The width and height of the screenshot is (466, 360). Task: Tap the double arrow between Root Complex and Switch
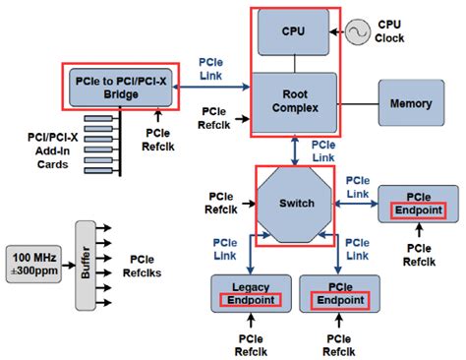point(295,150)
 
